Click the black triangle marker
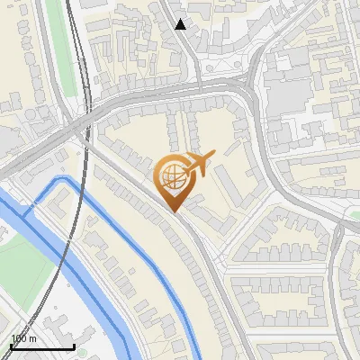(181, 24)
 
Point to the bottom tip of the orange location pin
(174, 211)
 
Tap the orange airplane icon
(199, 164)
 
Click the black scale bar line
(42, 346)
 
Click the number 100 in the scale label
(18, 338)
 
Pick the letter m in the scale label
(32, 338)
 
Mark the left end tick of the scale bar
(11, 345)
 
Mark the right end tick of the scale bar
(74, 345)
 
